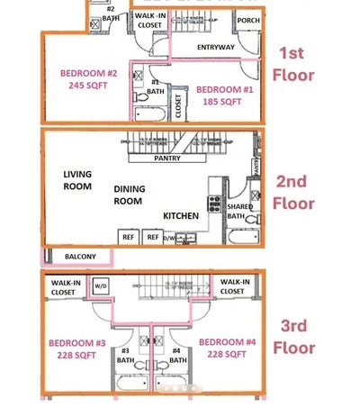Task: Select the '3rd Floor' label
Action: [293, 336]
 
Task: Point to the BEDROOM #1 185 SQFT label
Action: [220, 95]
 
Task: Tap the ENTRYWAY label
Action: [214, 47]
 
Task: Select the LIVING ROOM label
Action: [77, 180]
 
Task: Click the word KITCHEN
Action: [181, 216]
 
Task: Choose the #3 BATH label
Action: [126, 355]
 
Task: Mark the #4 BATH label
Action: [177, 355]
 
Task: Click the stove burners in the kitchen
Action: [215, 203]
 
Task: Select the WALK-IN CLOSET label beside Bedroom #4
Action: [234, 286]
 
